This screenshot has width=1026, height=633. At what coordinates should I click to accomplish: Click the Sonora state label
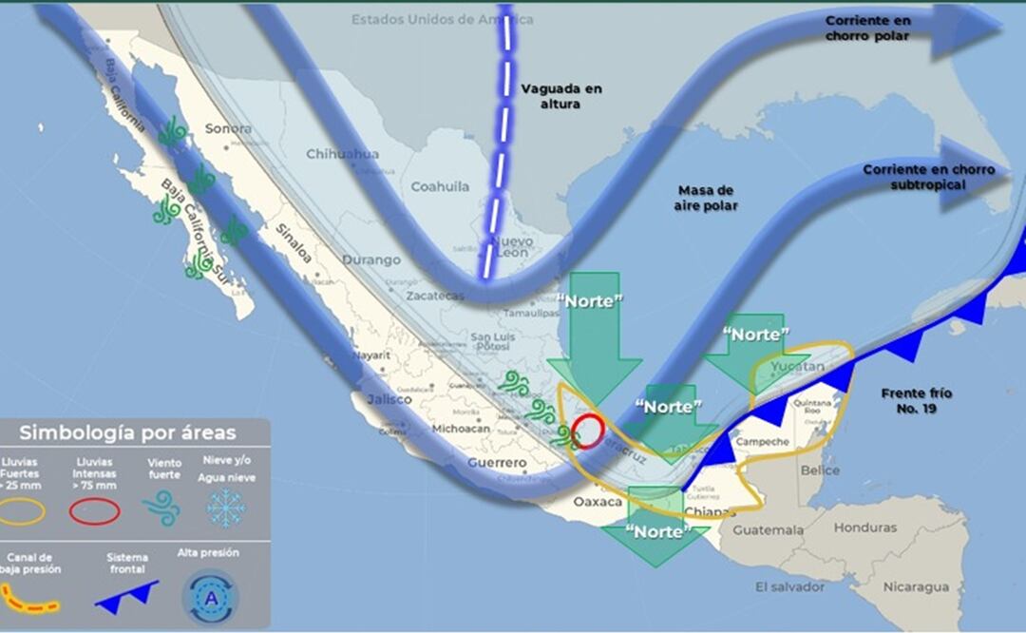(228, 128)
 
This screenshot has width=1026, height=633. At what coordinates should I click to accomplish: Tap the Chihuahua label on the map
(342, 154)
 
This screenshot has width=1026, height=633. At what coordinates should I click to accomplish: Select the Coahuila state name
(439, 187)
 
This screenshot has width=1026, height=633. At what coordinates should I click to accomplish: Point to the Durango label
(371, 259)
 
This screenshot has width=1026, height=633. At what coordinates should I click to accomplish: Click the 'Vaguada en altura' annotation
(560, 96)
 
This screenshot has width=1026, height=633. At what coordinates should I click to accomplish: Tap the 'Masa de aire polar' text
(706, 198)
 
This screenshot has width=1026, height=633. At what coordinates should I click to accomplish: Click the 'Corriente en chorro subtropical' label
(928, 177)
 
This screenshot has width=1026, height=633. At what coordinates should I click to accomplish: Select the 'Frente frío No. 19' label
(916, 400)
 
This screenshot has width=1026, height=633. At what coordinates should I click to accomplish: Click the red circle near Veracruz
(588, 431)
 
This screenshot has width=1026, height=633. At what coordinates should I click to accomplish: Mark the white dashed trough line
(497, 143)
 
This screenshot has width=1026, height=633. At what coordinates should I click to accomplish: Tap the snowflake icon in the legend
(226, 508)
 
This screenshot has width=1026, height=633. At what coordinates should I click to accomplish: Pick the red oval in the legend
(94, 511)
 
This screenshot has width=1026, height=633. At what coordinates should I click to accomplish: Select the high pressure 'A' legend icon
(209, 596)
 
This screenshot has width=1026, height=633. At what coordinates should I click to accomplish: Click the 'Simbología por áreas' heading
(128, 433)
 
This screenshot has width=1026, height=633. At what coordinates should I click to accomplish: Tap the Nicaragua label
(916, 586)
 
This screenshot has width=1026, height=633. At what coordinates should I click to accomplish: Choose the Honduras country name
(865, 527)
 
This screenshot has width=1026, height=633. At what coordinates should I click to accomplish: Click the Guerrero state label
(496, 463)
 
